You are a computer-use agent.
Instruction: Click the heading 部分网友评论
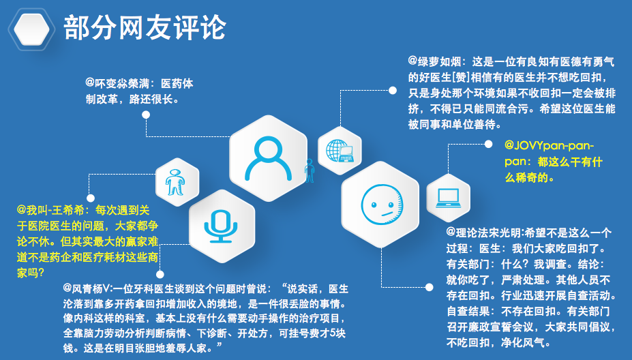coord(145,28)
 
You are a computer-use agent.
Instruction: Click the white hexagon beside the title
coord(31,29)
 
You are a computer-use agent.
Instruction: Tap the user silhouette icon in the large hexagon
coord(269,158)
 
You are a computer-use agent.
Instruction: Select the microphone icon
coord(221,226)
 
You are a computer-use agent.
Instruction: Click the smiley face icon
coord(381,205)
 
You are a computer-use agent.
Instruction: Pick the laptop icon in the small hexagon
coord(448,198)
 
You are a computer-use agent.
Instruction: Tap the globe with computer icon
coord(340,151)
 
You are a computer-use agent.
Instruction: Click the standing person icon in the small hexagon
coord(175,182)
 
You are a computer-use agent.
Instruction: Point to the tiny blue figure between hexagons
coord(309,170)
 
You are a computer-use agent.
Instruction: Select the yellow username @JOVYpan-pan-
coord(549,145)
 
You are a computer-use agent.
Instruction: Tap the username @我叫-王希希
coord(50,210)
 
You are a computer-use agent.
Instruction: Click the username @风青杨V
coord(87,288)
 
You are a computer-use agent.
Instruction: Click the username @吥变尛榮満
coord(117,83)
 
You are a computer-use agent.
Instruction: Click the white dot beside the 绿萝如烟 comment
coord(393,90)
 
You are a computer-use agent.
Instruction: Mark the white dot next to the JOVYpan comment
coord(488,144)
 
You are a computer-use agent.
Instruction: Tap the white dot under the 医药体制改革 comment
coord(146,115)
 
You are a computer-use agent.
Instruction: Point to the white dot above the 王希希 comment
coord(91,198)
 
